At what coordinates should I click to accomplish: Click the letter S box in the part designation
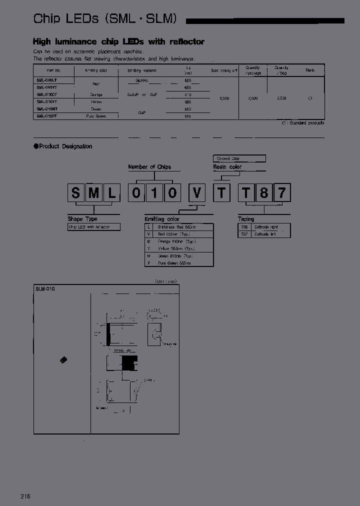[76, 192]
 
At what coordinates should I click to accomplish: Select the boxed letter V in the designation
[197, 192]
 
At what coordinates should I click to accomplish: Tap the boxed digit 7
[281, 192]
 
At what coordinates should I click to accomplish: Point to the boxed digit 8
[263, 192]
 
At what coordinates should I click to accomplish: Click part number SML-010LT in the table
[46, 80]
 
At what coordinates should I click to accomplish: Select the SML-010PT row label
[46, 116]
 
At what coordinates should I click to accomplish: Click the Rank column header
[310, 70]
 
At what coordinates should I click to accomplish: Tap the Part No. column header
[53, 70]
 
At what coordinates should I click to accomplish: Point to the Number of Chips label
[149, 167]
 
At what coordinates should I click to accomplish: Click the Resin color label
[227, 167]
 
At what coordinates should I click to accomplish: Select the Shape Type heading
[82, 219]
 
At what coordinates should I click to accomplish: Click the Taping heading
[246, 219]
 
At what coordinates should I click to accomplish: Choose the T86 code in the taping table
[244, 226]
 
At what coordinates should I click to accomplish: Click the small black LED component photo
[63, 359]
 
